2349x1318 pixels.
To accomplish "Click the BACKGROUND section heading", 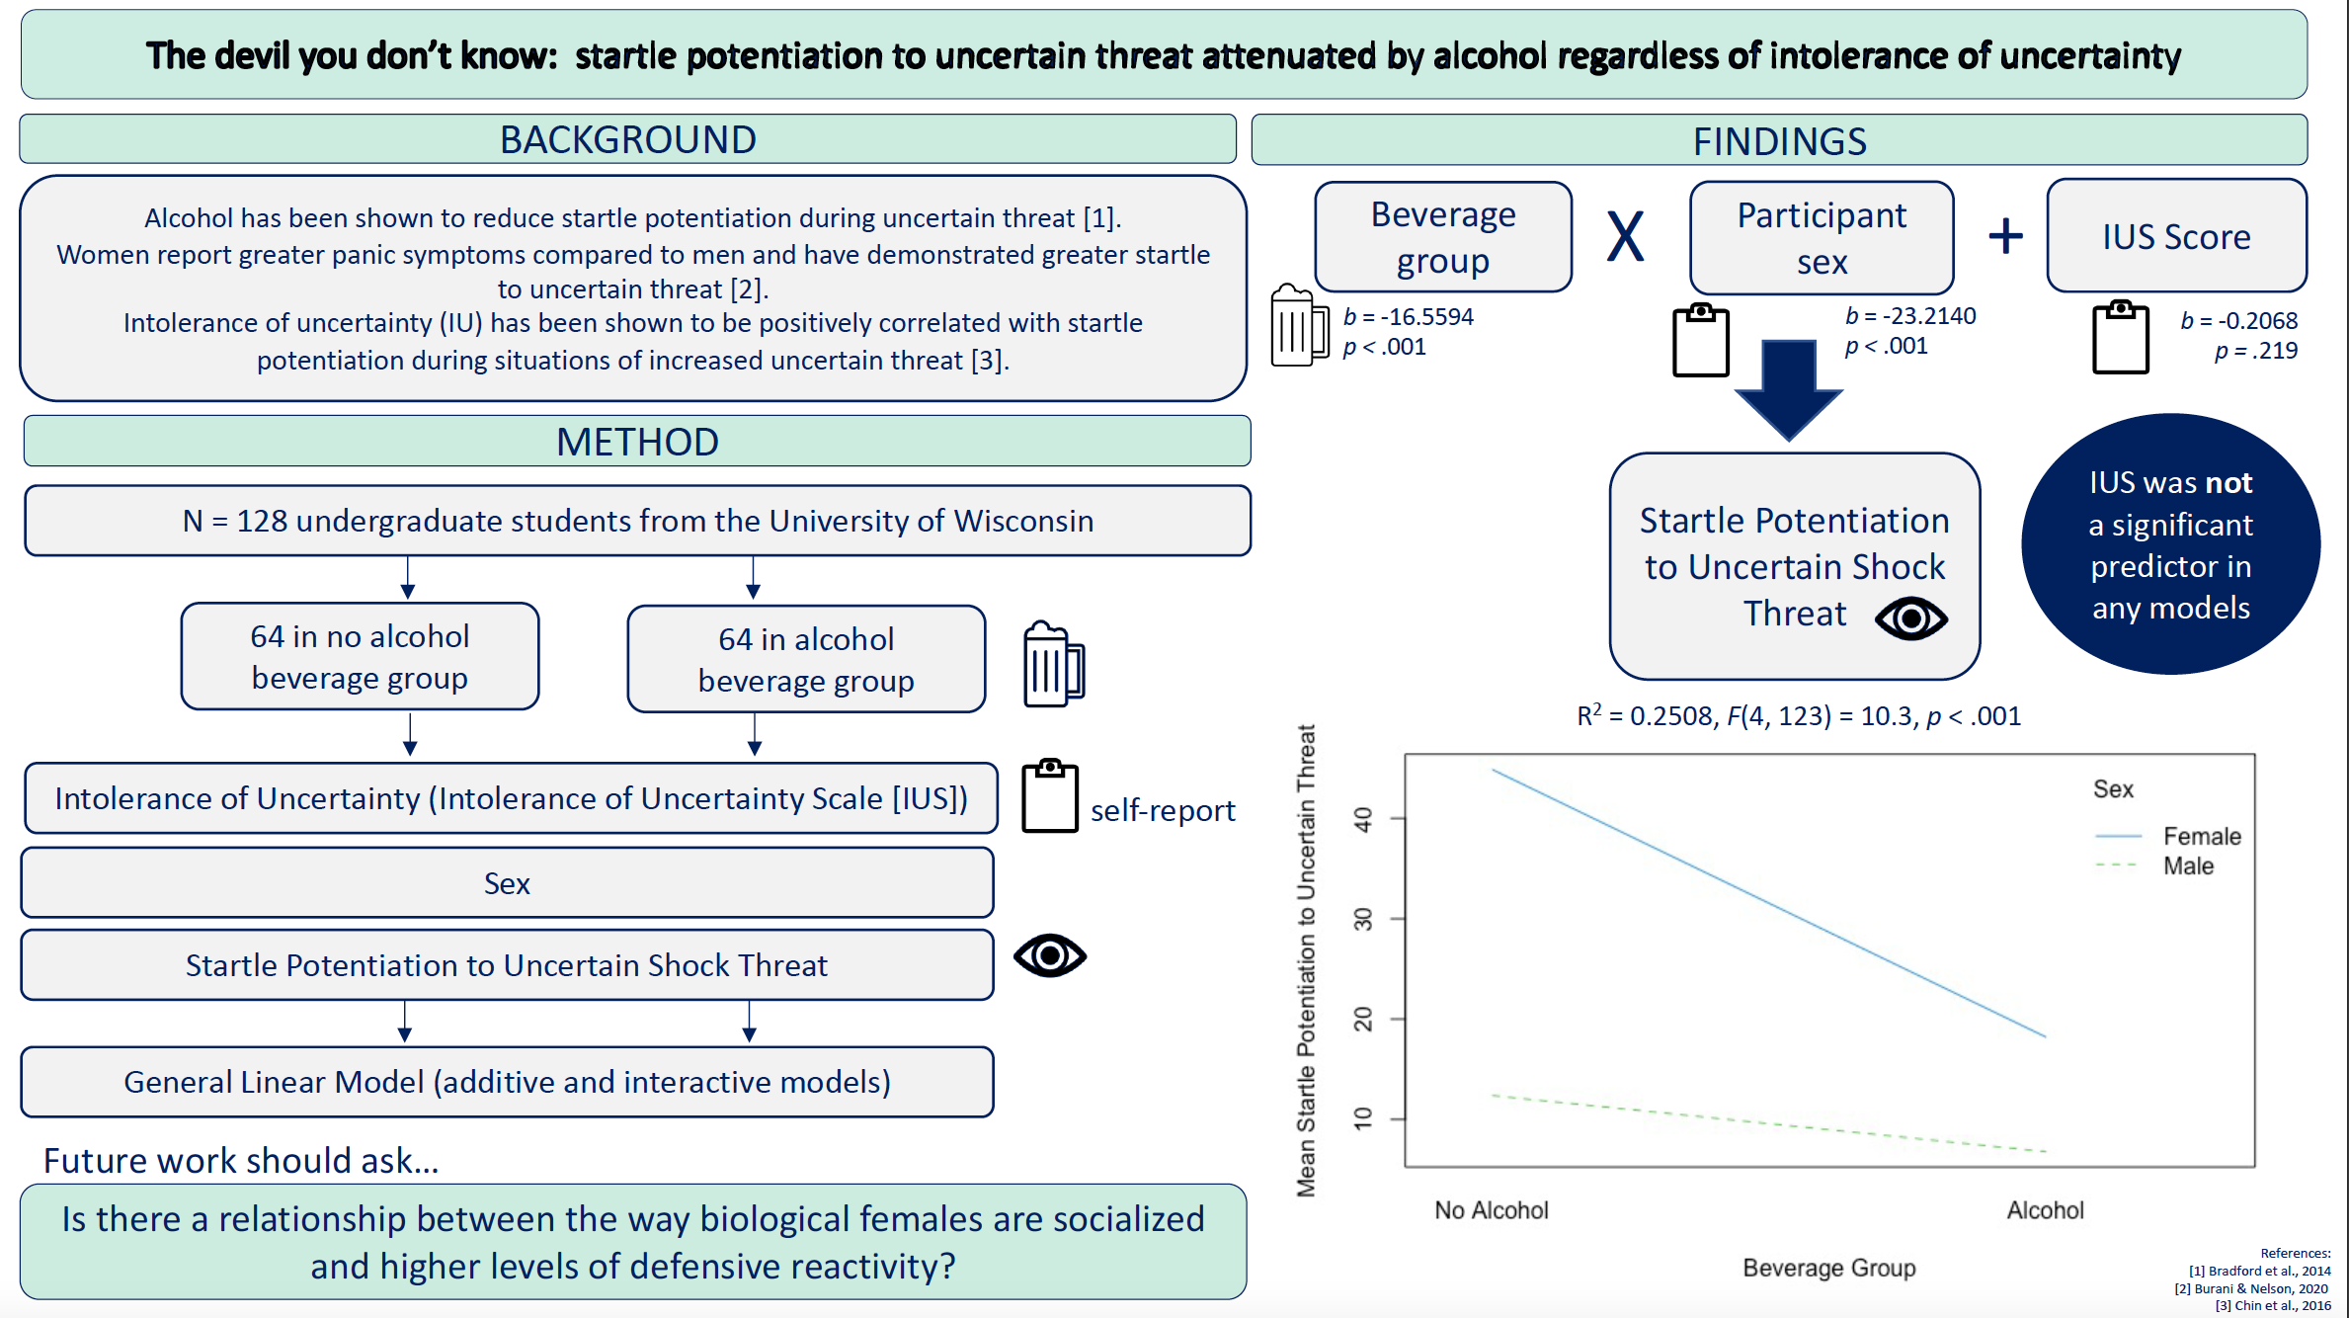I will click(x=628, y=139).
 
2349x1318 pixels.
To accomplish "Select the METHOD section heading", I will click(x=637, y=442).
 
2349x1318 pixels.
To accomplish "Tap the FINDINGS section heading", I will click(x=1779, y=141).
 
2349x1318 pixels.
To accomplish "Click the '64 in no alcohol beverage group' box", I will click(x=360, y=657).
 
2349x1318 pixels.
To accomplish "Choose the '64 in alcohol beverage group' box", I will click(x=806, y=660).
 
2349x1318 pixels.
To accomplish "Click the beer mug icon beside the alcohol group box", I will click(x=1053, y=665).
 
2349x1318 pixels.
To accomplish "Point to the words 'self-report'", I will click(x=1163, y=811).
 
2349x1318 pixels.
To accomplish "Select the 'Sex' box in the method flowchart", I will click(x=507, y=883).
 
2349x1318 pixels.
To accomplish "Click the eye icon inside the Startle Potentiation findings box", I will click(x=1911, y=618).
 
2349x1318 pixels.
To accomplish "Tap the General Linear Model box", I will click(x=507, y=1083).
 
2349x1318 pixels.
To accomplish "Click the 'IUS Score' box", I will click(x=2176, y=237).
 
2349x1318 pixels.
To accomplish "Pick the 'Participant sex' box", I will click(x=1822, y=238).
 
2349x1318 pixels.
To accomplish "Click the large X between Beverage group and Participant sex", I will click(x=1626, y=237).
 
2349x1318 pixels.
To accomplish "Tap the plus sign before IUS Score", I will click(x=2005, y=236).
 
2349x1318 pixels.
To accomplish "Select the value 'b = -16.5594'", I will click(x=1409, y=317).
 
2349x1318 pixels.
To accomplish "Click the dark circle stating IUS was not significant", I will click(x=2170, y=544).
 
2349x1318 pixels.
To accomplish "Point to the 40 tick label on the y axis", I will click(x=1363, y=819).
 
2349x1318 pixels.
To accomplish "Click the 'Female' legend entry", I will click(x=2202, y=837).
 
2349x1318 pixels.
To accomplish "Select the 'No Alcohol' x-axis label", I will click(x=1492, y=1210).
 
